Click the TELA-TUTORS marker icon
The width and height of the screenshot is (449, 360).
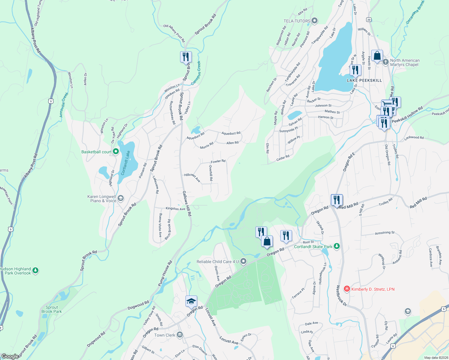[x=315, y=21]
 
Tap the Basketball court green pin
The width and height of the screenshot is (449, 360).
[x=116, y=152]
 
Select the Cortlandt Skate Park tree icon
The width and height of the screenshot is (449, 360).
[x=337, y=246]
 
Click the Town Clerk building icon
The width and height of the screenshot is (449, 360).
[x=180, y=335]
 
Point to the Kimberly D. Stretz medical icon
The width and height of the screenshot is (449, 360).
[x=347, y=289]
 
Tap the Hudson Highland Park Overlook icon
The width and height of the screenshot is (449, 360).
[x=35, y=271]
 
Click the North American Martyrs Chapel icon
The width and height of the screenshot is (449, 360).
[x=386, y=62]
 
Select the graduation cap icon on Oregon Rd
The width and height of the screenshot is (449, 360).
[x=191, y=301]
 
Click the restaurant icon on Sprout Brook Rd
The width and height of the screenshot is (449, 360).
[x=186, y=56]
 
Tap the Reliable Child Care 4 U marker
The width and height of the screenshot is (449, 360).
[x=243, y=262]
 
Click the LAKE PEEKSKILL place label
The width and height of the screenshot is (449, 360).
[x=364, y=80]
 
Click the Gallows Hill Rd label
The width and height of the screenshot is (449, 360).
[x=187, y=203]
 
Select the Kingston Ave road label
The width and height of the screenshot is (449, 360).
[x=175, y=208]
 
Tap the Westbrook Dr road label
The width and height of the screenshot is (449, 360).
[x=341, y=295]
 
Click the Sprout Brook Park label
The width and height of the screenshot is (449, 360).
[x=52, y=309]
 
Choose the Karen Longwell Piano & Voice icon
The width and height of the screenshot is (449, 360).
[x=120, y=198]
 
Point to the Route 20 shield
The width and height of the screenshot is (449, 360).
[x=369, y=19]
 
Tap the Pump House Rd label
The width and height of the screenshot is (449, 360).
[x=165, y=273]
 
